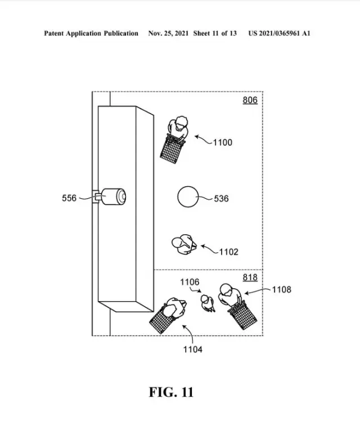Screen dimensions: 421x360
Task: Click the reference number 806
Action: tap(250, 100)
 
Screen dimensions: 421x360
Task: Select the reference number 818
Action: tap(250, 277)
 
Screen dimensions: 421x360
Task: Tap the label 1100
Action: tap(222, 142)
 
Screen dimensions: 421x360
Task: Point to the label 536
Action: tap(221, 199)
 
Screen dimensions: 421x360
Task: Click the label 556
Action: tap(69, 198)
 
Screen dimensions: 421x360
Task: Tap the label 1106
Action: tap(190, 281)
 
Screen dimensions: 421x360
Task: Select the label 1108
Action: tap(281, 289)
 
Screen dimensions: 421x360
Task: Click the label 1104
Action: tap(192, 350)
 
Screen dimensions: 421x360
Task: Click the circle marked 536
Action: tap(188, 198)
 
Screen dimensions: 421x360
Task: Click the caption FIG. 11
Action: tap(171, 392)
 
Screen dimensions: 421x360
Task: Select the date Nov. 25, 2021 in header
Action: tap(168, 34)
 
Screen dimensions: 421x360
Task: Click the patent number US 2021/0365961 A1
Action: tap(279, 34)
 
